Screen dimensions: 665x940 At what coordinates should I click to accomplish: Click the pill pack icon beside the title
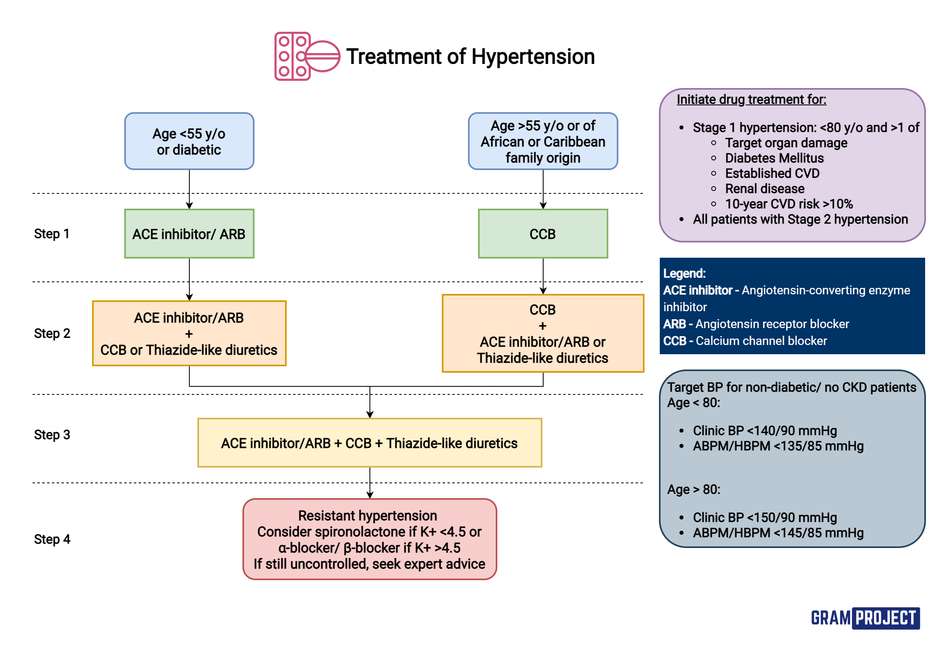[306, 56]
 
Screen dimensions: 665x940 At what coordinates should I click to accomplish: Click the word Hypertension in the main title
[533, 57]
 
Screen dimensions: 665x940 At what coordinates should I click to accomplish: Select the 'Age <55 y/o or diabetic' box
[189, 141]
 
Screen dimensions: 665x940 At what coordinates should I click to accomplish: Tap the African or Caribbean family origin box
[542, 141]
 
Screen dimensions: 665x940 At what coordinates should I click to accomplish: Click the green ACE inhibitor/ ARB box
[189, 234]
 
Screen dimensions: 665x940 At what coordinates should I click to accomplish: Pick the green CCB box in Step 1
[542, 234]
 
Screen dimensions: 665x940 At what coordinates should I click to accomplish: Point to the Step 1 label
[51, 234]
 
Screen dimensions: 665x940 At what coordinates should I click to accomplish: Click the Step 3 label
[52, 435]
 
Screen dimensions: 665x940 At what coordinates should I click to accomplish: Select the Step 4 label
[52, 539]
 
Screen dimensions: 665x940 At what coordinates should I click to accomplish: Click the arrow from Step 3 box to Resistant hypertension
[370, 483]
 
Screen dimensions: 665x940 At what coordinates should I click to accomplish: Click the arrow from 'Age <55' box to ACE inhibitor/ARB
[189, 189]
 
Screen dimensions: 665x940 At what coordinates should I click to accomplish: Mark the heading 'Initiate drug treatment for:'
[751, 99]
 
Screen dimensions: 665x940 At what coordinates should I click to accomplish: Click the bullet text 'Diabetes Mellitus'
[774, 158]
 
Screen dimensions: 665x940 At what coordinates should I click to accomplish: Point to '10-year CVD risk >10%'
[788, 204]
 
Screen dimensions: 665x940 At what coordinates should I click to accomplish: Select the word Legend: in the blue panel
[684, 273]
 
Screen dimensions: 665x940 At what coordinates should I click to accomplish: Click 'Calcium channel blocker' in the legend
[761, 341]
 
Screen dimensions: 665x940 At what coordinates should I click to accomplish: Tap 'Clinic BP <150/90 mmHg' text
[764, 517]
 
